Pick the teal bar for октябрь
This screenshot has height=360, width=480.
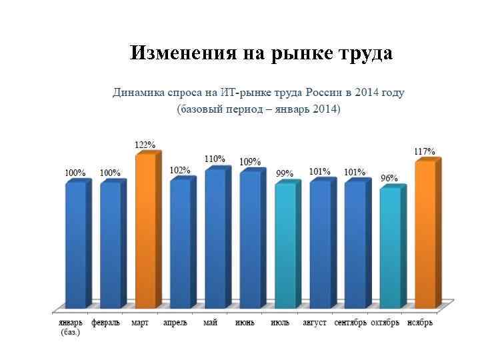pyautogui.click(x=390, y=249)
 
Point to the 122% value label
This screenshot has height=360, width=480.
pyautogui.click(x=145, y=145)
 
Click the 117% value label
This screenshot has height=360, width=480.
pyautogui.click(x=425, y=152)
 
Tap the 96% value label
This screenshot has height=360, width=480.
pyautogui.click(x=389, y=179)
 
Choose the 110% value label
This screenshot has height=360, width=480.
pyautogui.click(x=215, y=159)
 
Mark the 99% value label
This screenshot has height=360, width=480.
pyautogui.click(x=285, y=174)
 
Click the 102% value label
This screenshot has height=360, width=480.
pyautogui.click(x=179, y=171)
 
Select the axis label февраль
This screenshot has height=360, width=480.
pyautogui.click(x=106, y=323)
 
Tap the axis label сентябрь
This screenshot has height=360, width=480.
pyautogui.click(x=351, y=323)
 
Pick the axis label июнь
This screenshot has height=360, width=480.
pyautogui.click(x=244, y=323)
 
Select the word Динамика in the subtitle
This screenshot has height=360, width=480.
pyautogui.click(x=137, y=93)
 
